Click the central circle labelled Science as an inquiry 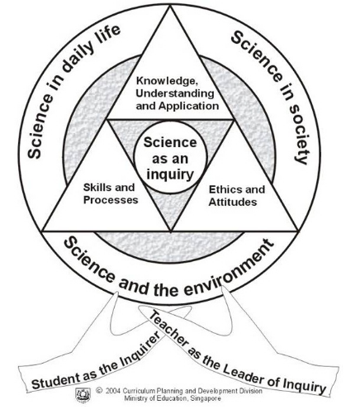(170, 158)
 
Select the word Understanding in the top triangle (175, 93)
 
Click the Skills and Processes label (111, 193)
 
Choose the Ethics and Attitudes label (237, 196)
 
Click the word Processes (111, 200)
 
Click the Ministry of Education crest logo (83, 395)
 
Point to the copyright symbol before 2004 (99, 390)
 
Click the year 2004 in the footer (112, 391)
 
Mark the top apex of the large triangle (170, 6)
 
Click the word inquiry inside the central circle (170, 174)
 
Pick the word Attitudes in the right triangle (233, 202)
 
